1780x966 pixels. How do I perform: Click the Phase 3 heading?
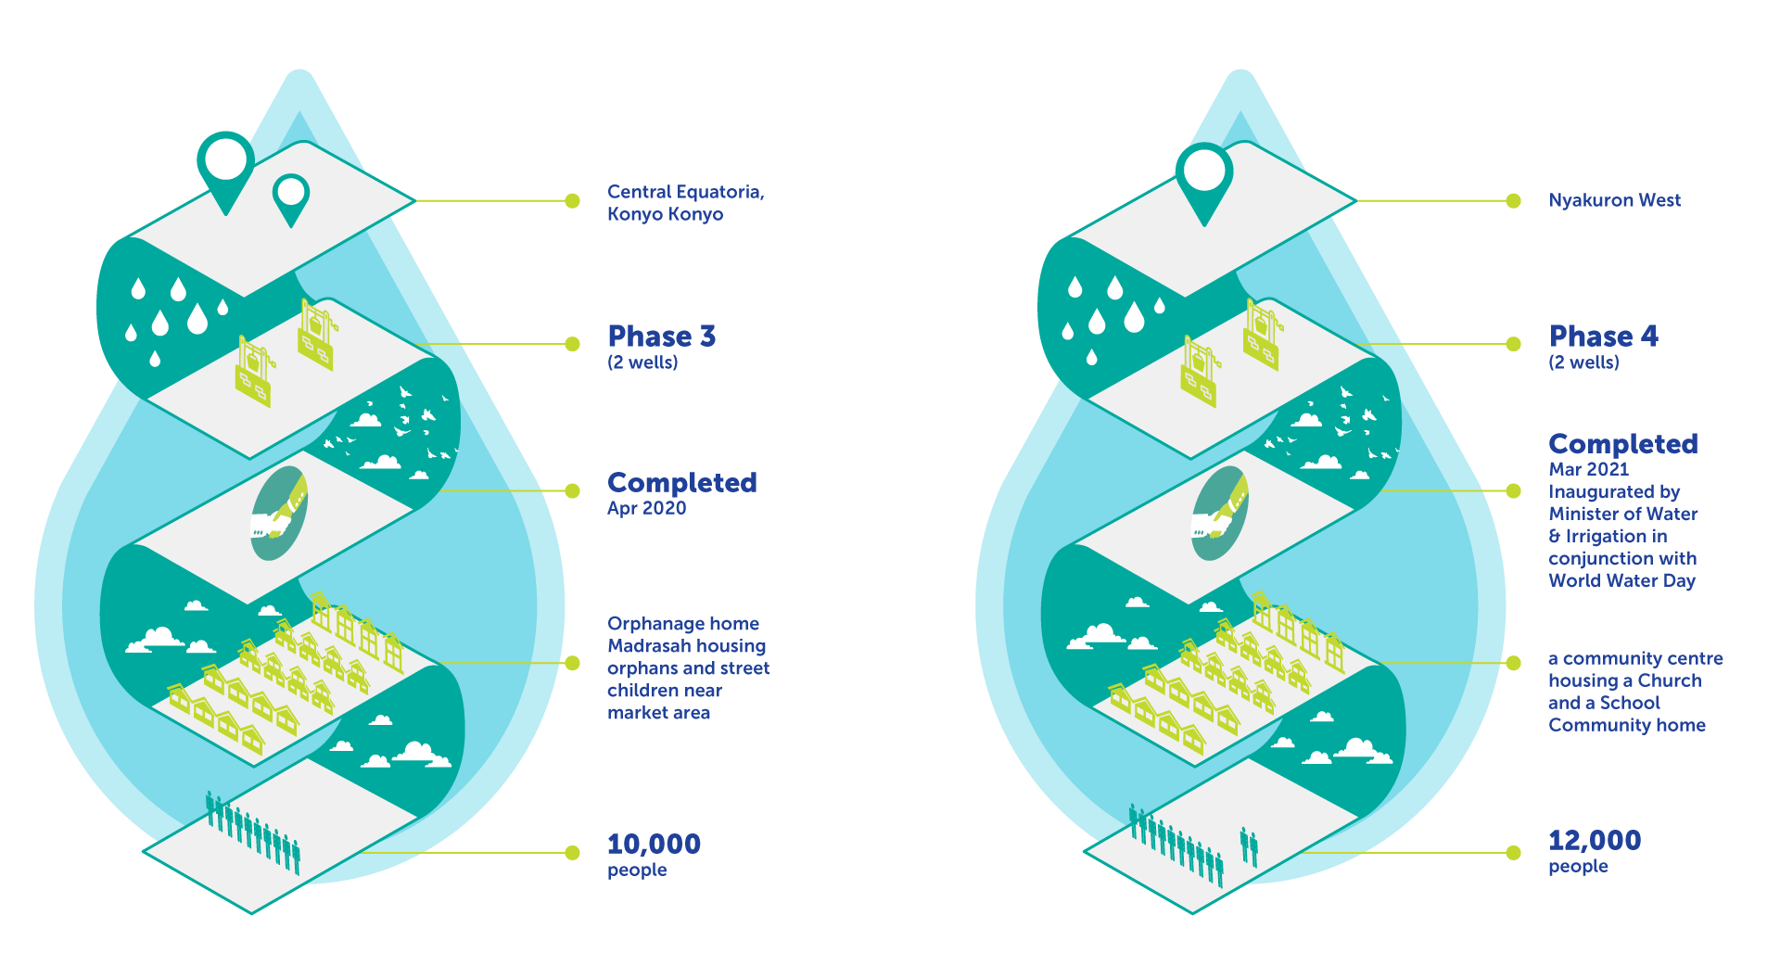[x=661, y=336]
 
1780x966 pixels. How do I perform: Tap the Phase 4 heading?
[x=1603, y=336]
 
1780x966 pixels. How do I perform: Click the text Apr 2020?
[x=646, y=508]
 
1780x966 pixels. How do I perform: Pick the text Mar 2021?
[x=1588, y=469]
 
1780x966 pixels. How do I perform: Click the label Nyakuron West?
[x=1614, y=200]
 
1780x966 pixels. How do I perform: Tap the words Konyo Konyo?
[x=665, y=214]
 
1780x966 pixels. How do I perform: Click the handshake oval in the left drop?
[x=279, y=515]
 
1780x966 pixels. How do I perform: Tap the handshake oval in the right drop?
[x=1219, y=515]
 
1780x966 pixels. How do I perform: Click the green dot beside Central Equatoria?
[x=573, y=200]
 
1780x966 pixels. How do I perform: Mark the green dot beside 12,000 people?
[x=1514, y=853]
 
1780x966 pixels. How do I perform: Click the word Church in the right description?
[x=1670, y=680]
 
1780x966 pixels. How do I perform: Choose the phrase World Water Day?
[x=1621, y=580]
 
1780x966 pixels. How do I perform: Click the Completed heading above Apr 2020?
[x=681, y=482]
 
